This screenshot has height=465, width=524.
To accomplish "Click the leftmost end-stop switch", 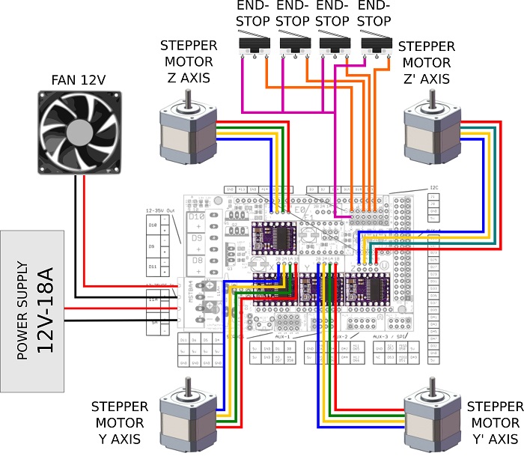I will [253, 46].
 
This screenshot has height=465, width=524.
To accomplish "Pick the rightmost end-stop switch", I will [374, 46].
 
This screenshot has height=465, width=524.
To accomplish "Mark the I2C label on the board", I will [435, 188].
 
